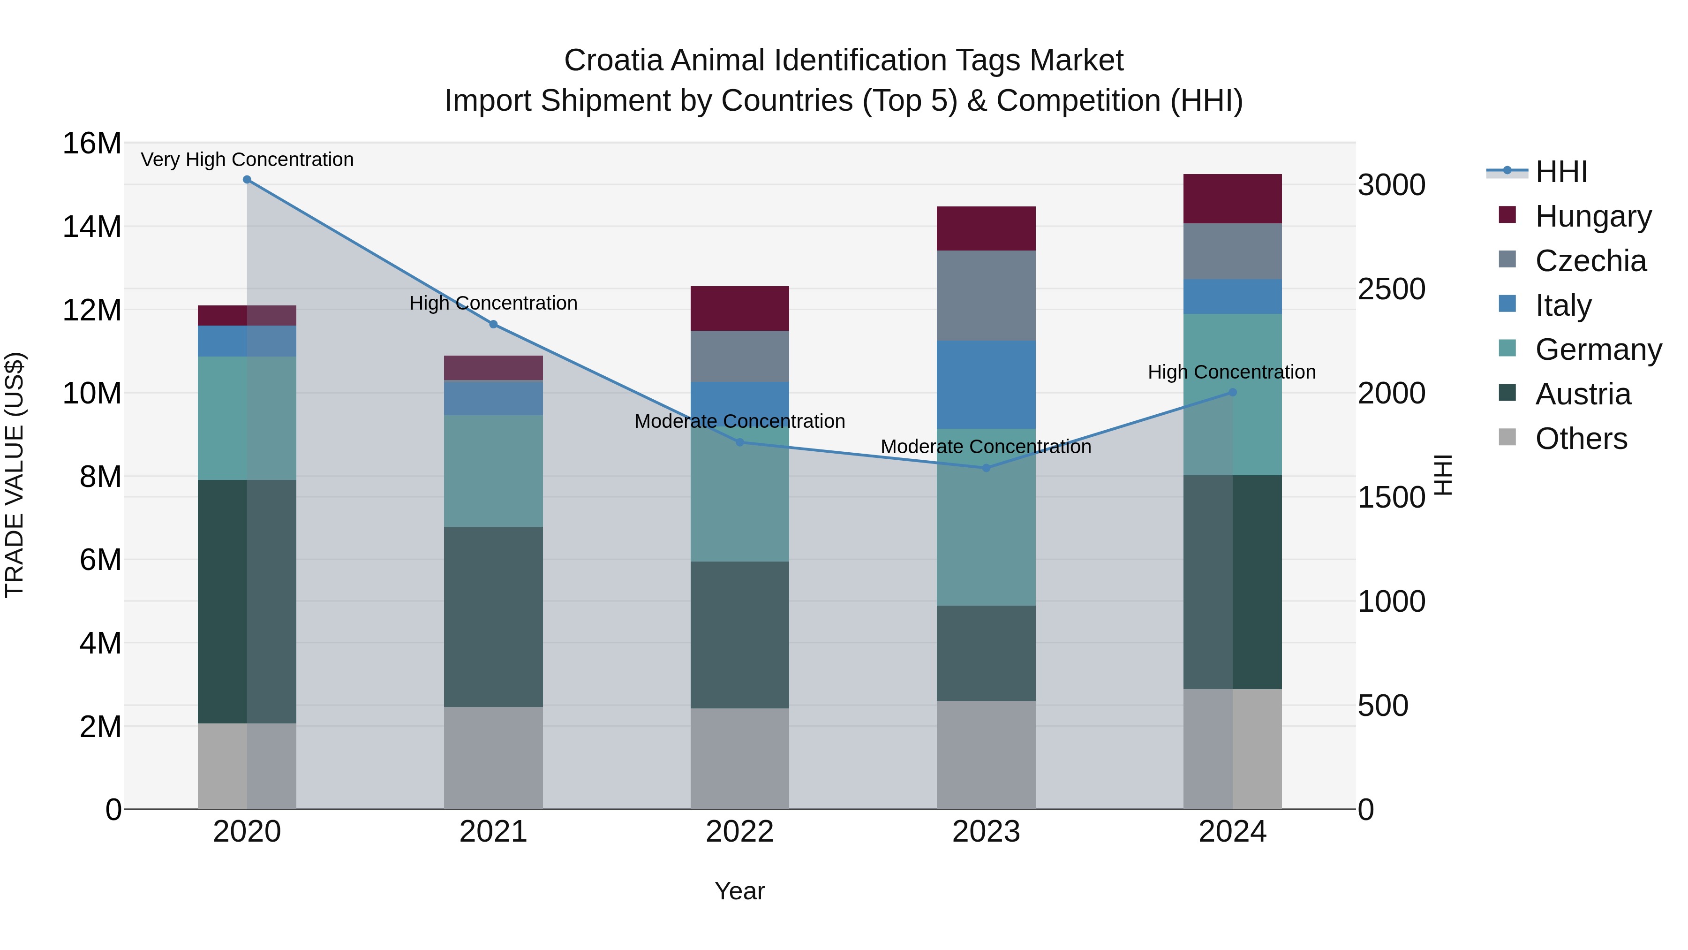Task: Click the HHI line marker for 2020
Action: click(x=247, y=180)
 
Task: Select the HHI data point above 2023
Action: click(x=986, y=468)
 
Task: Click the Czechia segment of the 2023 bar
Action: click(x=986, y=295)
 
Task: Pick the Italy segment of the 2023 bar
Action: click(x=986, y=384)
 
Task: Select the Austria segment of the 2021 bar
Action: click(x=493, y=616)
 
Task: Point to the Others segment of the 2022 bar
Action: click(x=740, y=759)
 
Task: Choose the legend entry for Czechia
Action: click(x=1590, y=261)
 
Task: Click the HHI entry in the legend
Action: click(x=1561, y=172)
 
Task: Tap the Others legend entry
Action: click(x=1581, y=439)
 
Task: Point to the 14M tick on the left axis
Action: click(x=92, y=227)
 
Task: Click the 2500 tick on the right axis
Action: click(x=1391, y=289)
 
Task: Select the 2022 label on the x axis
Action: click(x=740, y=832)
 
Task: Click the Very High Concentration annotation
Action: click(x=247, y=160)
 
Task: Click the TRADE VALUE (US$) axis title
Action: click(x=15, y=475)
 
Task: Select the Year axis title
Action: click(x=740, y=891)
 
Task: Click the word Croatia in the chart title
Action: click(x=613, y=61)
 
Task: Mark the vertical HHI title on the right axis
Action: click(x=1444, y=475)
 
